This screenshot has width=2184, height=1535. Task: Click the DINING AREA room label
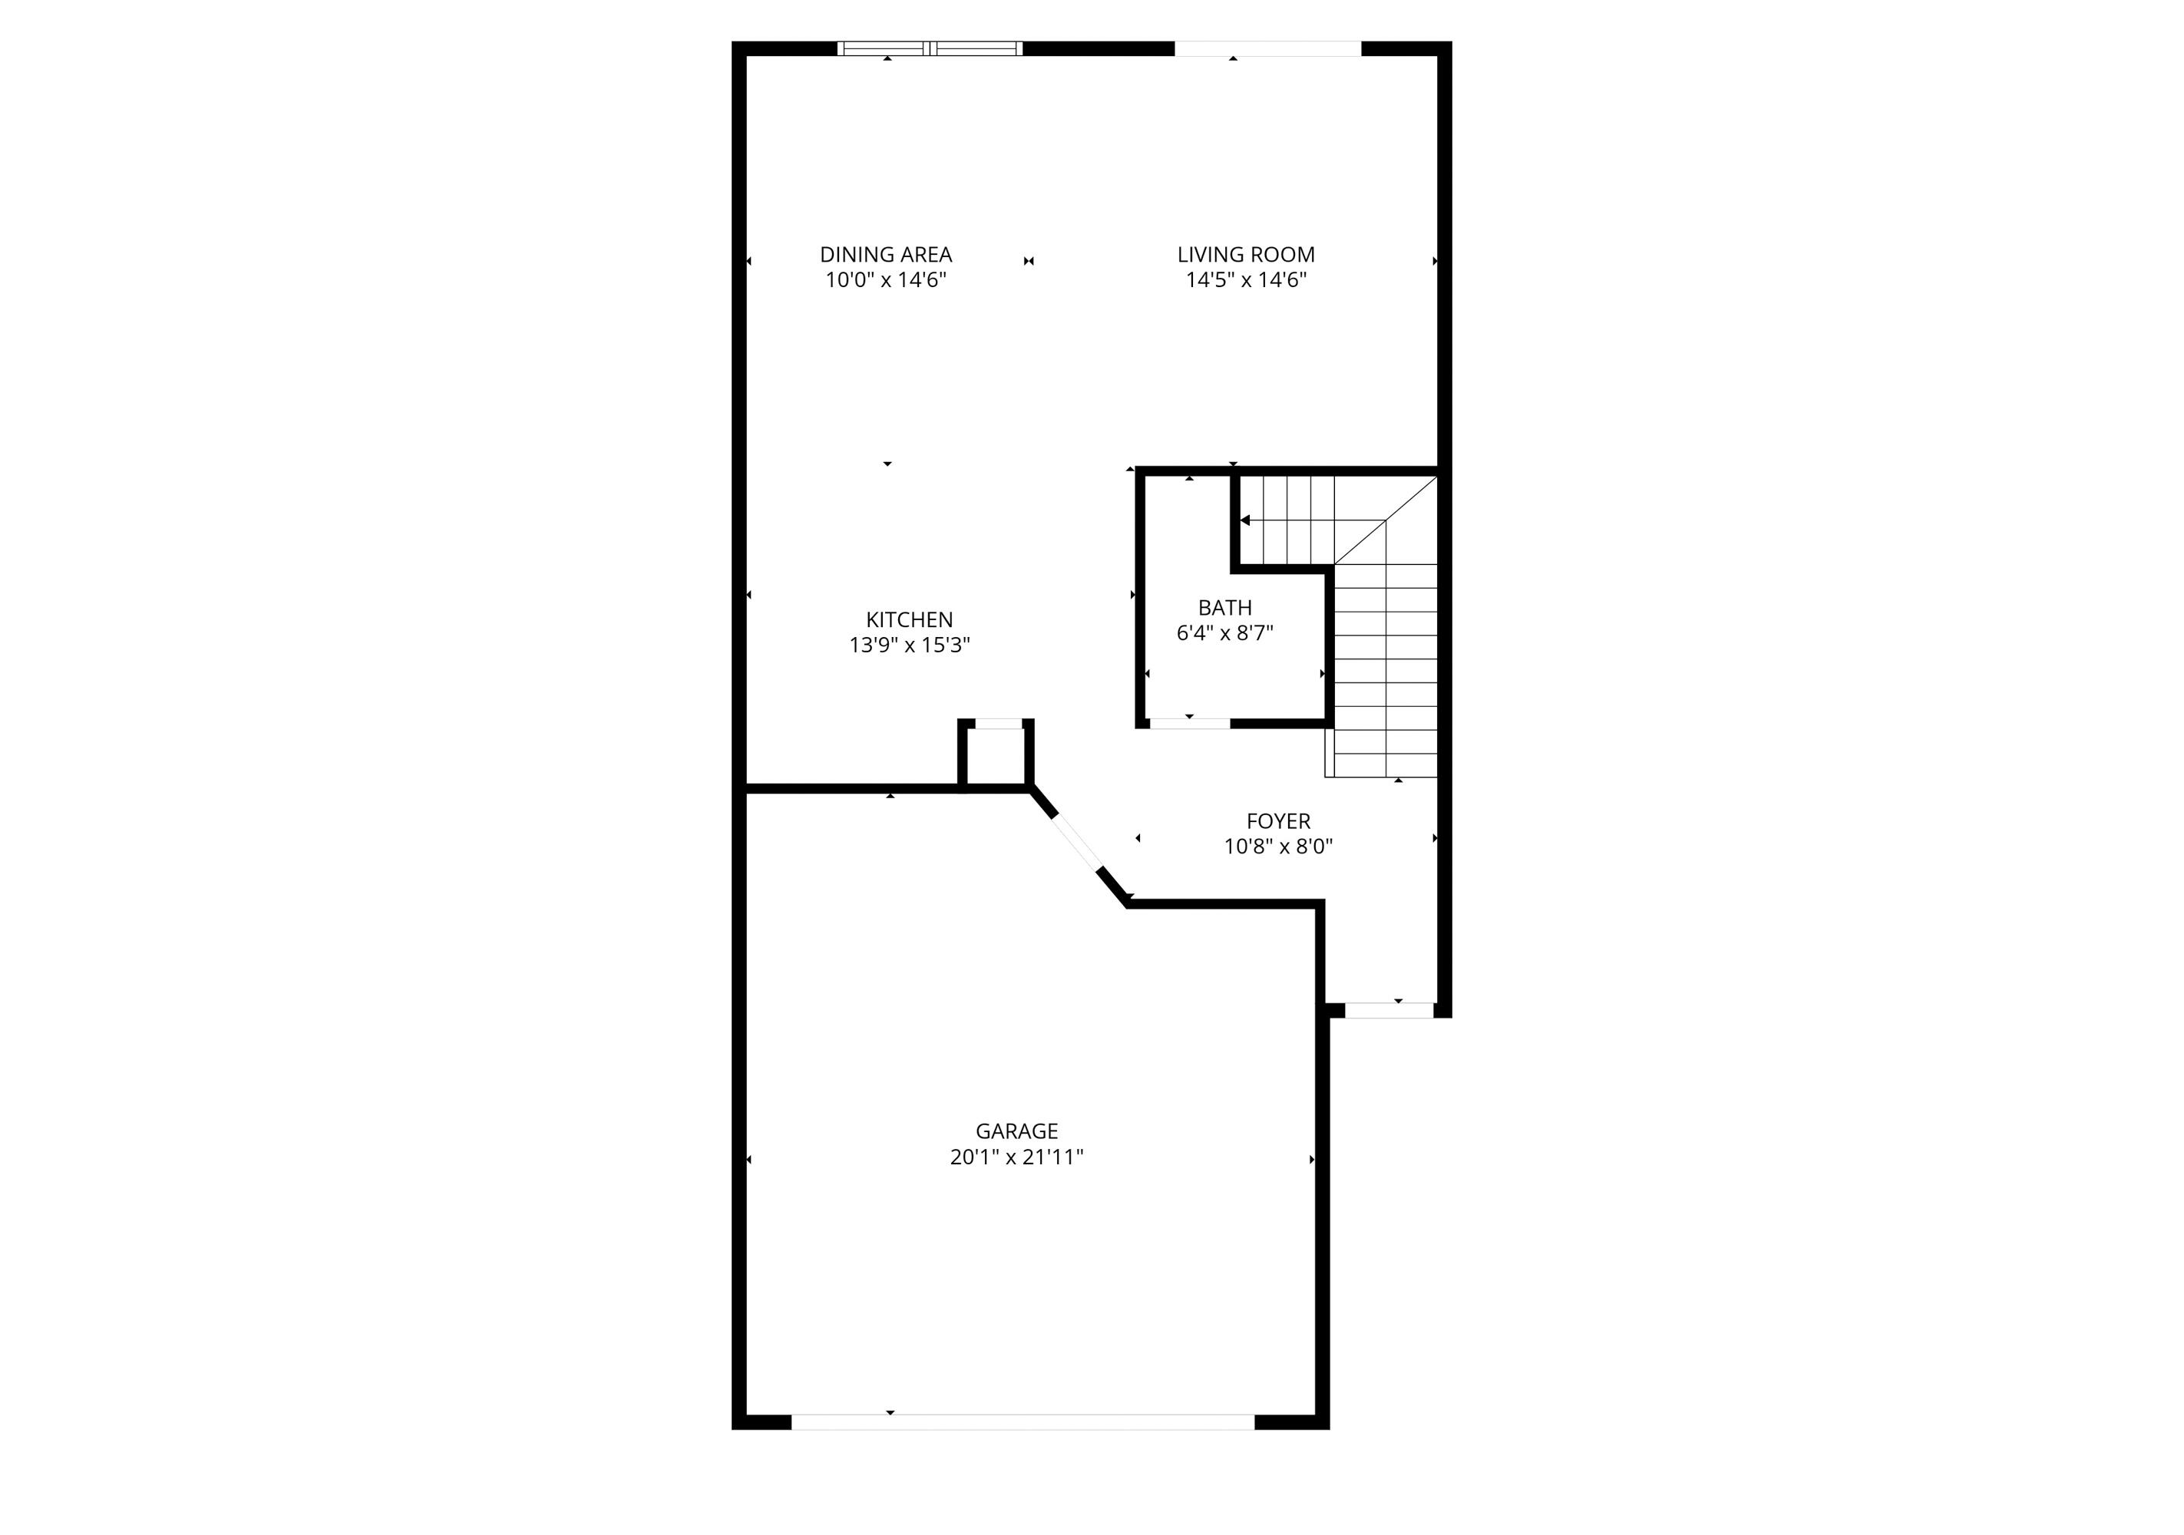886,255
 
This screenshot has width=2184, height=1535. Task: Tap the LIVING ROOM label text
1245,255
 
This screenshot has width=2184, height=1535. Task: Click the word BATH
1224,608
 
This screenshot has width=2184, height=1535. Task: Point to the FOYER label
1277,820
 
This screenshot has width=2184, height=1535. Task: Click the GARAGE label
1016,1132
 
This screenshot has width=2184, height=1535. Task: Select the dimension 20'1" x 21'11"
1016,1157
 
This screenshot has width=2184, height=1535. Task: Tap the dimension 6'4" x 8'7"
1224,633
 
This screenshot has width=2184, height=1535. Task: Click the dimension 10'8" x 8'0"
1277,847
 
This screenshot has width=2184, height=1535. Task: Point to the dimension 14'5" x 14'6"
1245,281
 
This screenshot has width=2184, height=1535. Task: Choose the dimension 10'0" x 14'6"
886,281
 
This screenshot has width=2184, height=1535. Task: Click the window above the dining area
930,48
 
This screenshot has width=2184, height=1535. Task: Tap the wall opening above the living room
1268,48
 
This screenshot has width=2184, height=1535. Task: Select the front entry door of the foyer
1389,1010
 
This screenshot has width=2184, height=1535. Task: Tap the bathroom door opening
1189,724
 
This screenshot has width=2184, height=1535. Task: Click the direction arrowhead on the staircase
1245,520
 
